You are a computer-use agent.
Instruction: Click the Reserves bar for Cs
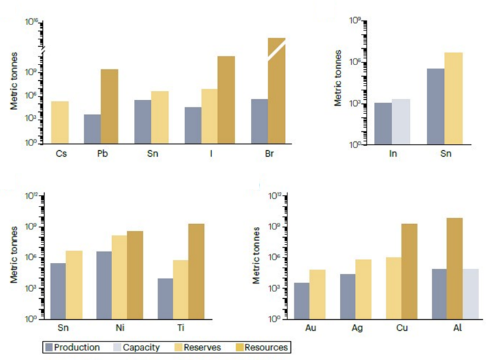[x=60, y=122]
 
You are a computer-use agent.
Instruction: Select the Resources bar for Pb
[x=109, y=106]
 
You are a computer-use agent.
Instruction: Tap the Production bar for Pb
[x=92, y=129]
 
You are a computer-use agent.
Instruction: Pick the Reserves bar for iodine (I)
[x=209, y=116]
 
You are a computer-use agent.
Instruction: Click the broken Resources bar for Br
[x=277, y=90]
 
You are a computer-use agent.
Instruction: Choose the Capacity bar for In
[x=401, y=122]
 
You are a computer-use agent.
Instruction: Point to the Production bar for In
[x=383, y=124]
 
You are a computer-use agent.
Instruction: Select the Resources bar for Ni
[x=135, y=275]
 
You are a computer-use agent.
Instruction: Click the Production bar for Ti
[x=165, y=299]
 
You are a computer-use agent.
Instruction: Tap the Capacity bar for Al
[x=470, y=294]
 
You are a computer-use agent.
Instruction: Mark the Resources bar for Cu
[x=409, y=272]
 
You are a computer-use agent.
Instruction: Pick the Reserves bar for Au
[x=317, y=294]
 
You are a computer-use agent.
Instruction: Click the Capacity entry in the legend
[x=137, y=347]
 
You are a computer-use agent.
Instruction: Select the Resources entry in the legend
[x=262, y=347]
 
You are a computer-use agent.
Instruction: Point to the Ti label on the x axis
[x=181, y=328]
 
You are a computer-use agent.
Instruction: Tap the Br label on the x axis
[x=269, y=154]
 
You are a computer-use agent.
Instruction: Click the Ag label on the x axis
[x=357, y=328]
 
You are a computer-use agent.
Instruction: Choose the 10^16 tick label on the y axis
[x=32, y=22]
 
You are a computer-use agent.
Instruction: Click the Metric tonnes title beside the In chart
[x=338, y=78]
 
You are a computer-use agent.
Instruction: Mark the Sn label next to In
[x=446, y=154]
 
